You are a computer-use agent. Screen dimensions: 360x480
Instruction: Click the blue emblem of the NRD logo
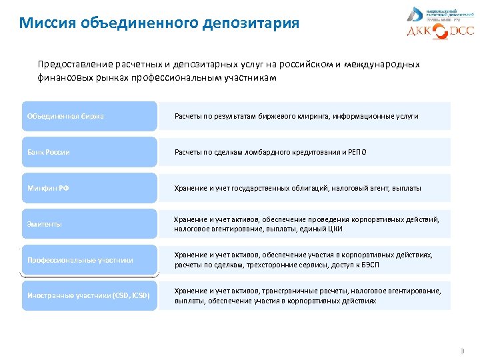(x=414, y=14)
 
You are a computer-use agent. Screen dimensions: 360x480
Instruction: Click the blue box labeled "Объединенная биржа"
(x=89, y=116)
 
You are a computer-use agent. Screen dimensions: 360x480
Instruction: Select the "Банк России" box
(x=89, y=152)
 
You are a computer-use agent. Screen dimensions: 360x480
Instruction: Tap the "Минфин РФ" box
(x=89, y=188)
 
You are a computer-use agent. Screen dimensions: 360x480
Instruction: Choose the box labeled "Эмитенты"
(x=89, y=224)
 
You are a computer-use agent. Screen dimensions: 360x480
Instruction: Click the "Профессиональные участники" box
(x=89, y=260)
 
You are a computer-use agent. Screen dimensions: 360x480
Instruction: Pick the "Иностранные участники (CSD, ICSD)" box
(x=89, y=295)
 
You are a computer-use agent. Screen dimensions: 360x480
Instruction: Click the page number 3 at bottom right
(x=461, y=351)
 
